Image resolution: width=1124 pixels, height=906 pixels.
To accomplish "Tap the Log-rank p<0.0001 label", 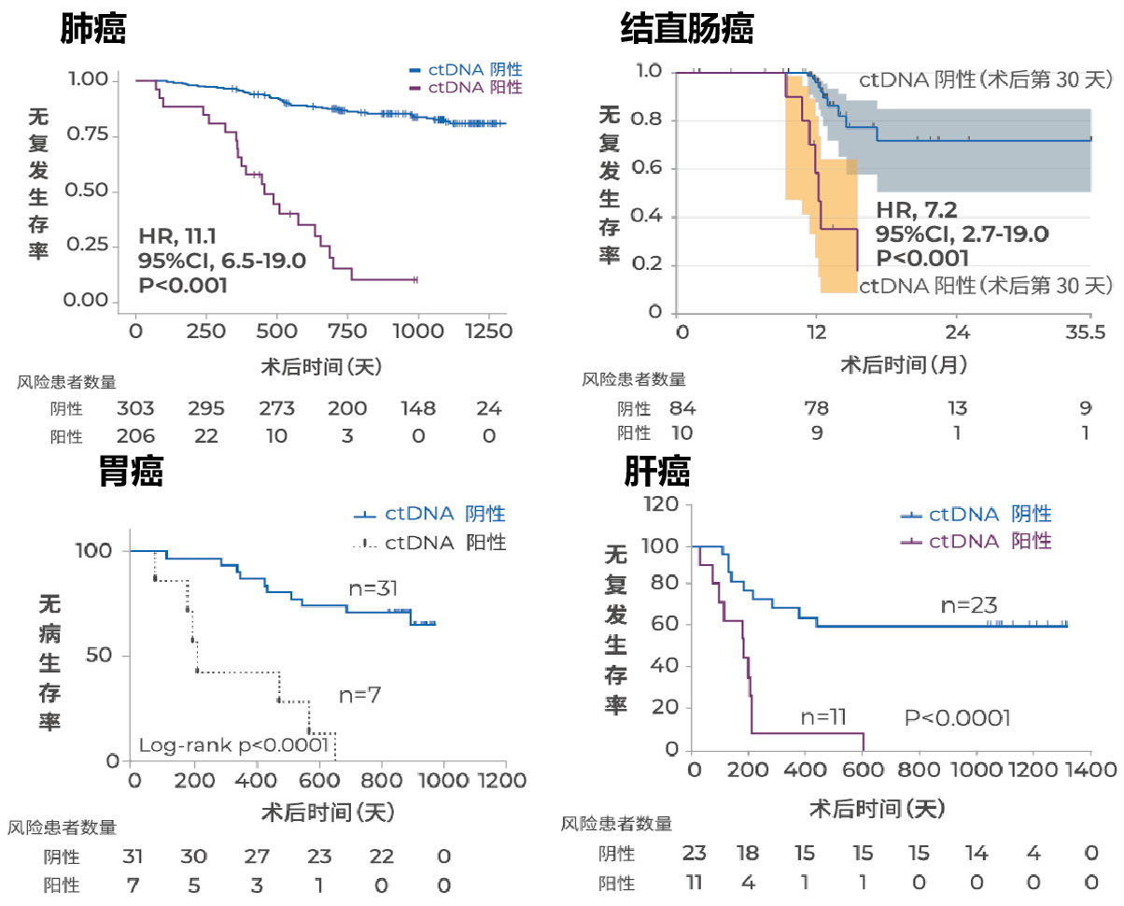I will pyautogui.click(x=233, y=745).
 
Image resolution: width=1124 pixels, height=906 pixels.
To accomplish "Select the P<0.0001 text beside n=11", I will pyautogui.click(x=958, y=717).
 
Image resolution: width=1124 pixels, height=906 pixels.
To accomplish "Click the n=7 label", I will pyautogui.click(x=360, y=694).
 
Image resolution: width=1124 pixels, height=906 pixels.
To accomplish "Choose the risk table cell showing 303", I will pyautogui.click(x=135, y=409).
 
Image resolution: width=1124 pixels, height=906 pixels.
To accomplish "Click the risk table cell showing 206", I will pyautogui.click(x=135, y=436).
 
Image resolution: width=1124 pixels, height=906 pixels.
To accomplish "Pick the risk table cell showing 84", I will pyautogui.click(x=683, y=408).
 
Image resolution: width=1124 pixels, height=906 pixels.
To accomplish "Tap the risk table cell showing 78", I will pyautogui.click(x=819, y=408).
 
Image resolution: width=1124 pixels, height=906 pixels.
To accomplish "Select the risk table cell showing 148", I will pyautogui.click(x=417, y=409).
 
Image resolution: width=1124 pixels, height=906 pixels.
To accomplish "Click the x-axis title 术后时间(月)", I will pyautogui.click(x=889, y=364).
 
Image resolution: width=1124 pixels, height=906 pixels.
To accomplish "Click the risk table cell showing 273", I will pyautogui.click(x=276, y=409).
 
